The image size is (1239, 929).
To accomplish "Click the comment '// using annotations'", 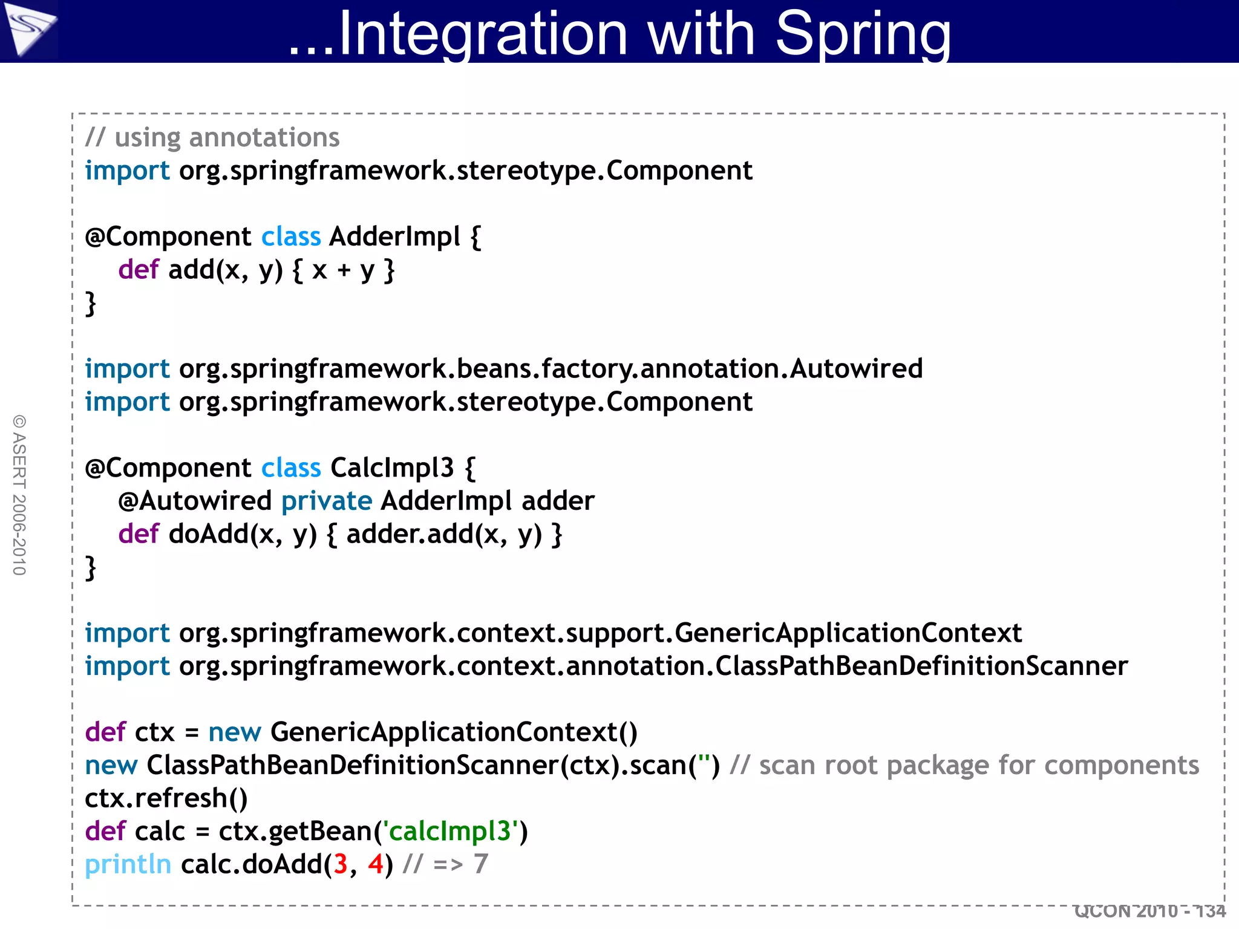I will pyautogui.click(x=212, y=138).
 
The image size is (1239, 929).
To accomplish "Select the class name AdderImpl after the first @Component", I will pyautogui.click(x=394, y=236).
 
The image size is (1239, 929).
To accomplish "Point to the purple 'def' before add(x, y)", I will pyautogui.click(x=138, y=270).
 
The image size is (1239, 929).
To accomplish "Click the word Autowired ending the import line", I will pyautogui.click(x=856, y=369).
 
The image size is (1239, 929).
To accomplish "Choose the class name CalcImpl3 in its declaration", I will pyautogui.click(x=391, y=468).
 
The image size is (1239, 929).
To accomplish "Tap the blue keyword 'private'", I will pyautogui.click(x=327, y=501).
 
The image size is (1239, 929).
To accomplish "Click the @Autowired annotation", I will pyautogui.click(x=195, y=501).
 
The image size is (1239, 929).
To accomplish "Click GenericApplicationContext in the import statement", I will pyautogui.click(x=848, y=633).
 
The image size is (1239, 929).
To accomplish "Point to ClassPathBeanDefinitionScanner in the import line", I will pyautogui.click(x=921, y=667).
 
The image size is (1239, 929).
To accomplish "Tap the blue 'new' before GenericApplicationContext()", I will pyautogui.click(x=234, y=732).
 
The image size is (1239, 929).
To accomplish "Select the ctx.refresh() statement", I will pyautogui.click(x=166, y=798).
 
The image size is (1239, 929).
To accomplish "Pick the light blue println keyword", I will pyautogui.click(x=128, y=865).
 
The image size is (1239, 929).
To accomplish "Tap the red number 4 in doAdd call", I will pyautogui.click(x=375, y=865).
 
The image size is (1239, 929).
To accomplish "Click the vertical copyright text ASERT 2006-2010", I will pyautogui.click(x=19, y=495).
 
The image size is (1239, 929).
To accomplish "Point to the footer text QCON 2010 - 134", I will pyautogui.click(x=1149, y=911).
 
